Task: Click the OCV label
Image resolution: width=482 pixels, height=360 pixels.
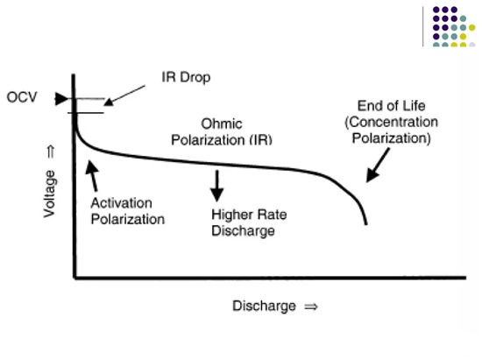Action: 22,97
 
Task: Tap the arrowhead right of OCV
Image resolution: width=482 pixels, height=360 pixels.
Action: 61,99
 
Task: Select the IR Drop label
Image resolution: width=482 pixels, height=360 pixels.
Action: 186,77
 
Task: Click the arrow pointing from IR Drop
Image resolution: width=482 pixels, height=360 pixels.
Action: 124,95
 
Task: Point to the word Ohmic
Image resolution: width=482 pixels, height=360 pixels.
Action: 222,124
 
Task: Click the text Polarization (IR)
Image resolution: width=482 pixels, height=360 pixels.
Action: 222,140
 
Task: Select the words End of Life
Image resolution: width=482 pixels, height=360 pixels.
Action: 392,106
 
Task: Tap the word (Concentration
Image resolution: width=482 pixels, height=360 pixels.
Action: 392,122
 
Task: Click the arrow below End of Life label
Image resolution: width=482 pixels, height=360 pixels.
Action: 378,166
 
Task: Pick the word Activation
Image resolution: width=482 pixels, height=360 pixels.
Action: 122,203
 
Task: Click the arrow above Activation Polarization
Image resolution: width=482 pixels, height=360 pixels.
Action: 92,175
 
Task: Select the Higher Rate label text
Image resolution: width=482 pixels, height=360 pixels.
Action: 249,215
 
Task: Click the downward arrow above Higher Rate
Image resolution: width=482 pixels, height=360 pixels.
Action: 217,186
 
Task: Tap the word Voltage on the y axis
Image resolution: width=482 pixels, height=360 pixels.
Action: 49,194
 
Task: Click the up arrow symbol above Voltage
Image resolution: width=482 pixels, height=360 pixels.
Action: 51,152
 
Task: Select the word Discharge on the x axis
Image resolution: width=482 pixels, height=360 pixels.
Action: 264,306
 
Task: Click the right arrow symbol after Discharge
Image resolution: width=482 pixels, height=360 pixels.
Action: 311,307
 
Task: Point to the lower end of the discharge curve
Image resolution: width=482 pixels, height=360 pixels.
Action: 365,224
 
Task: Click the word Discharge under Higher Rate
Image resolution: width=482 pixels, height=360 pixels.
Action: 243,231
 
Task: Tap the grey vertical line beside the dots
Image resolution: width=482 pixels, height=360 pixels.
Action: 423,26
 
